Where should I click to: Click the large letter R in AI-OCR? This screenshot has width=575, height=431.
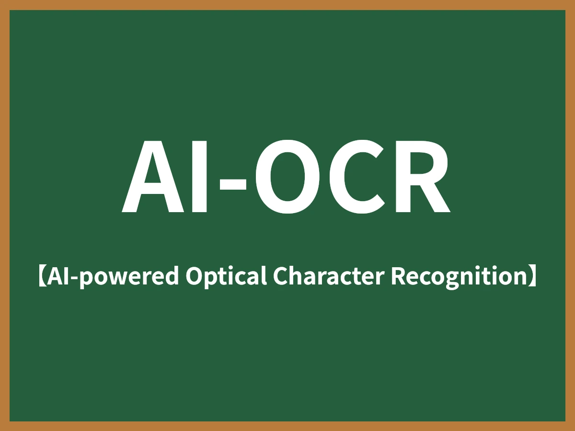[x=421, y=177]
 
